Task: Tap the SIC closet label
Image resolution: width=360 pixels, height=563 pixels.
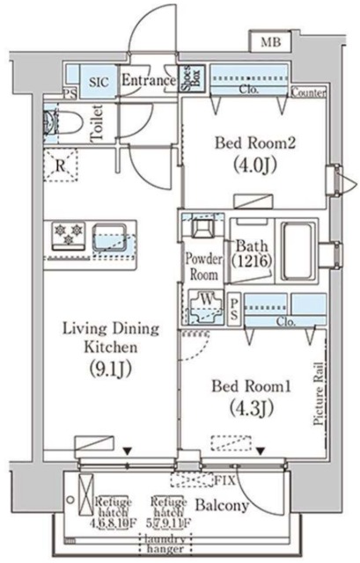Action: pyautogui.click(x=99, y=81)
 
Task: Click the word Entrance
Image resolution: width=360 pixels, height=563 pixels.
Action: pyautogui.click(x=148, y=81)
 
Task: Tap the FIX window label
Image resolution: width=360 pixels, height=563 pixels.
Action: pyautogui.click(x=225, y=481)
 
